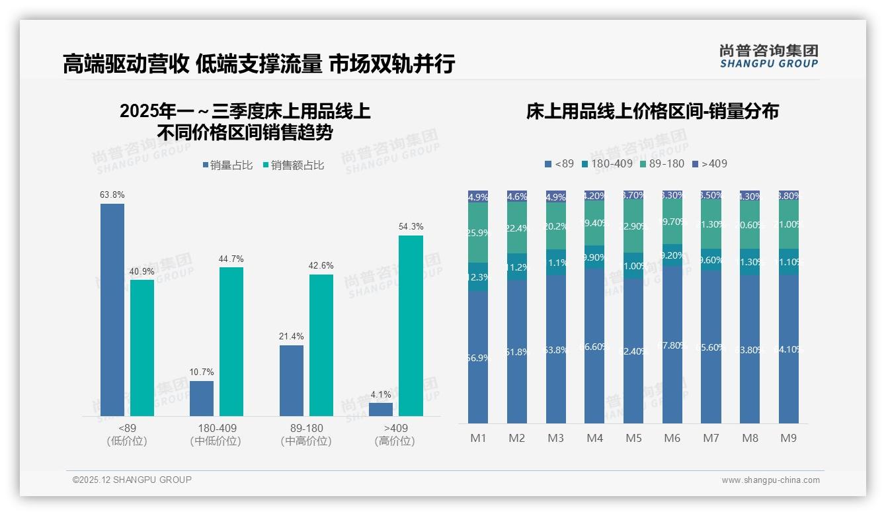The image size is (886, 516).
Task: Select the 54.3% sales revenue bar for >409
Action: click(411, 325)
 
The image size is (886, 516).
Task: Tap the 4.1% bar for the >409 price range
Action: click(381, 409)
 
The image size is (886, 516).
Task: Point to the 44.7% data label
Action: click(231, 259)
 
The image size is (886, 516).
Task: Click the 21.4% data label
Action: click(291, 337)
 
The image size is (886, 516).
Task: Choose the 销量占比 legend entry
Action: click(227, 165)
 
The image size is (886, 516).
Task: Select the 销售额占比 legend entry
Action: click(294, 165)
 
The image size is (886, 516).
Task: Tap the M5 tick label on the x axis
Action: click(633, 438)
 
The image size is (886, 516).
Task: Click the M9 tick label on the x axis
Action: click(789, 438)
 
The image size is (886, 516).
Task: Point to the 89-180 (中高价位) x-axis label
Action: click(306, 435)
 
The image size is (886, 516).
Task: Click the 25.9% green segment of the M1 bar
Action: click(478, 233)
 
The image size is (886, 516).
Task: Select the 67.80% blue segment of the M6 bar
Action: click(672, 345)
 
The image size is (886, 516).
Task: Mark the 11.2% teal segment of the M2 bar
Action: click(517, 267)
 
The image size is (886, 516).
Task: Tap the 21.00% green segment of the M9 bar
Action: click(789, 225)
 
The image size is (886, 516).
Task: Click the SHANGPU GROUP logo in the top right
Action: click(768, 56)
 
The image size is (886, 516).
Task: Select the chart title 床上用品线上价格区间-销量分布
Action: click(652, 111)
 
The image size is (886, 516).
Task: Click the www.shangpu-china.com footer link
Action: click(770, 480)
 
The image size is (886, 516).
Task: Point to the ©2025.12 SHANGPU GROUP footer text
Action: click(132, 480)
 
